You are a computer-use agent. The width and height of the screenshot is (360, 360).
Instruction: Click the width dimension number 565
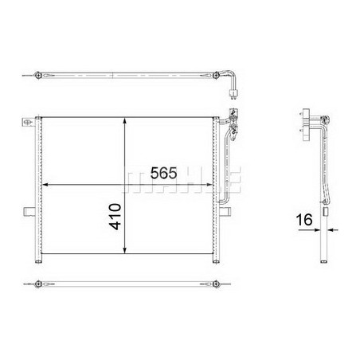click(x=163, y=173)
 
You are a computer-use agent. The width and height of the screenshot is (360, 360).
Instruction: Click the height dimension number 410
click(x=115, y=217)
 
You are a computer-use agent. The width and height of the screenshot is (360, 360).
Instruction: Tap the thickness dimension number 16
click(x=304, y=220)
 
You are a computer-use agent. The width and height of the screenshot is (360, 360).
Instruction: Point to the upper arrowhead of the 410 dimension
click(x=125, y=121)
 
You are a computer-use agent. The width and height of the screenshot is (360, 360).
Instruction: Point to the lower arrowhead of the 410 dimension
click(x=125, y=250)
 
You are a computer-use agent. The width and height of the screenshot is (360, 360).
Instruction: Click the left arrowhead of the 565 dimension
click(x=45, y=185)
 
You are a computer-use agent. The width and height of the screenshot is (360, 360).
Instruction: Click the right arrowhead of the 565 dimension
click(x=209, y=185)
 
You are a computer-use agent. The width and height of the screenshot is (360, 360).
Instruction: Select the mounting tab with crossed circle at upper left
click(x=28, y=122)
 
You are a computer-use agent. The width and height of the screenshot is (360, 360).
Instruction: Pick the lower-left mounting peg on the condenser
click(x=29, y=212)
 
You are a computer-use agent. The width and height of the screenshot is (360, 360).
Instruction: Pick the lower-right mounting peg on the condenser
click(x=225, y=212)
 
